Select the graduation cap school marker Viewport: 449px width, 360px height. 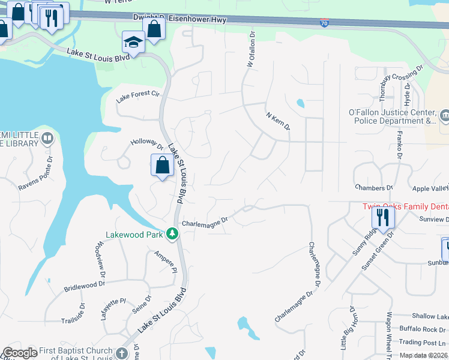pos(133,42)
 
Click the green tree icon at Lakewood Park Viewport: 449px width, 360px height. pos(172,233)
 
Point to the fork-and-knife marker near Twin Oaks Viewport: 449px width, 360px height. pos(382,218)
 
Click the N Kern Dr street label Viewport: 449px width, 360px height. pos(277,119)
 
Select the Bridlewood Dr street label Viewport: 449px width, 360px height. pos(85,284)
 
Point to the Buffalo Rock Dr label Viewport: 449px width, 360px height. pos(425,329)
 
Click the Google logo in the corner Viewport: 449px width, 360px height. pos(19,353)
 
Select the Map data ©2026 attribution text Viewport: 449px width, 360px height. pos(423,355)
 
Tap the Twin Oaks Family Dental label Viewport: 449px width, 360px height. pos(405,206)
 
